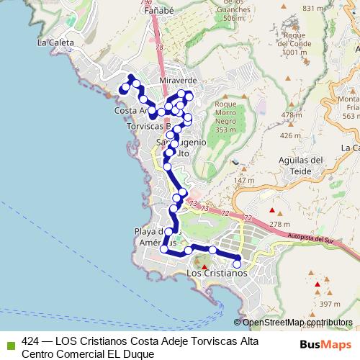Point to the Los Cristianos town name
tap(216, 274)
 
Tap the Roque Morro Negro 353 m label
tap(226, 117)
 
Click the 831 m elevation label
tap(314, 8)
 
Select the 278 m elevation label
tap(278, 225)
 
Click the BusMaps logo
tap(325, 344)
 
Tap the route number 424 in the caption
tap(31, 341)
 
